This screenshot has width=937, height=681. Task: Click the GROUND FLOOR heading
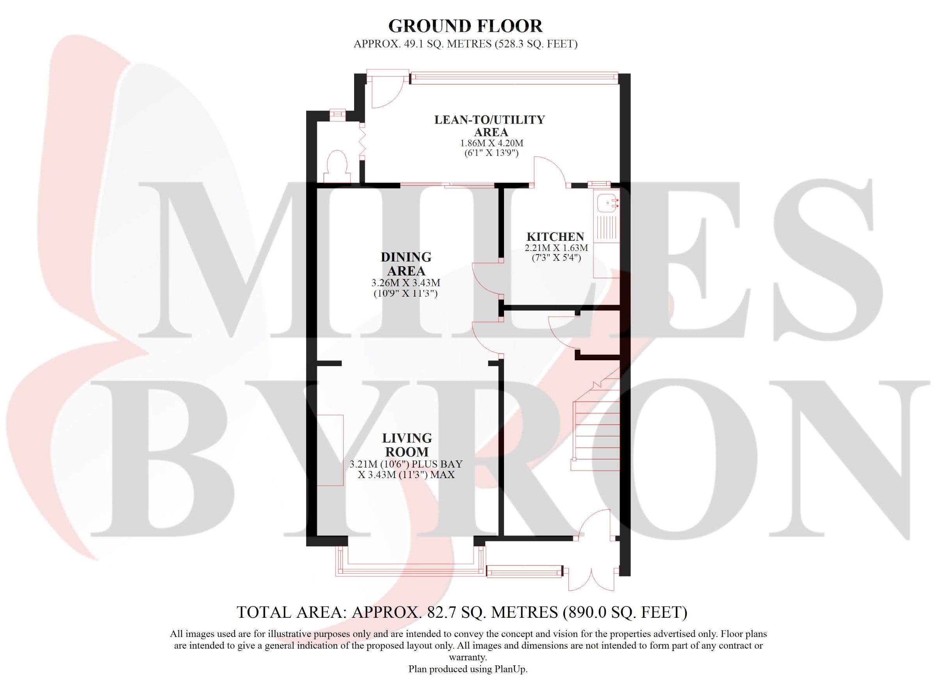click(465, 26)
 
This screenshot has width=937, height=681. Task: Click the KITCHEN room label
click(555, 236)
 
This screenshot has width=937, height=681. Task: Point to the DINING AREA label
click(406, 264)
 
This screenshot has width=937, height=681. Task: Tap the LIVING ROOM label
click(407, 445)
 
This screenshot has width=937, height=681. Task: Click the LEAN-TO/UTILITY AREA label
click(490, 126)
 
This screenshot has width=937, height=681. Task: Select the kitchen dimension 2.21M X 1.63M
click(556, 248)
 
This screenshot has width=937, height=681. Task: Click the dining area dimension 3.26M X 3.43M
click(406, 283)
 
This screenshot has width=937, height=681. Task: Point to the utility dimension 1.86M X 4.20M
click(492, 143)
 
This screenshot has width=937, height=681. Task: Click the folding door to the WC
click(362, 142)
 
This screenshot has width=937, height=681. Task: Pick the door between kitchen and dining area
click(488, 279)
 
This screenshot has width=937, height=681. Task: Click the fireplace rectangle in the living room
click(330, 450)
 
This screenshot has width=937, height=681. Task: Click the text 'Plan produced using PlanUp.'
click(468, 669)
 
